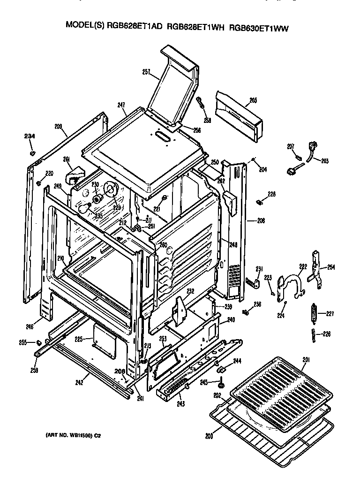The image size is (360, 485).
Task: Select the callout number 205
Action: pos(253,100)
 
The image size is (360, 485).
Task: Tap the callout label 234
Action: pos(30,136)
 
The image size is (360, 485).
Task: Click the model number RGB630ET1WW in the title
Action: pos(259,28)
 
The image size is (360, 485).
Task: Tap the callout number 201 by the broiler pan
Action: pos(306,360)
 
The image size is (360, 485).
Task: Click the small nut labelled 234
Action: pos(32,153)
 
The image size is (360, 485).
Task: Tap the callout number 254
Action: pos(331,267)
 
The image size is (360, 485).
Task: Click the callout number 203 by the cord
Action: pos(324,161)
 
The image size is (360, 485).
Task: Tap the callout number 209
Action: pos(58,126)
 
